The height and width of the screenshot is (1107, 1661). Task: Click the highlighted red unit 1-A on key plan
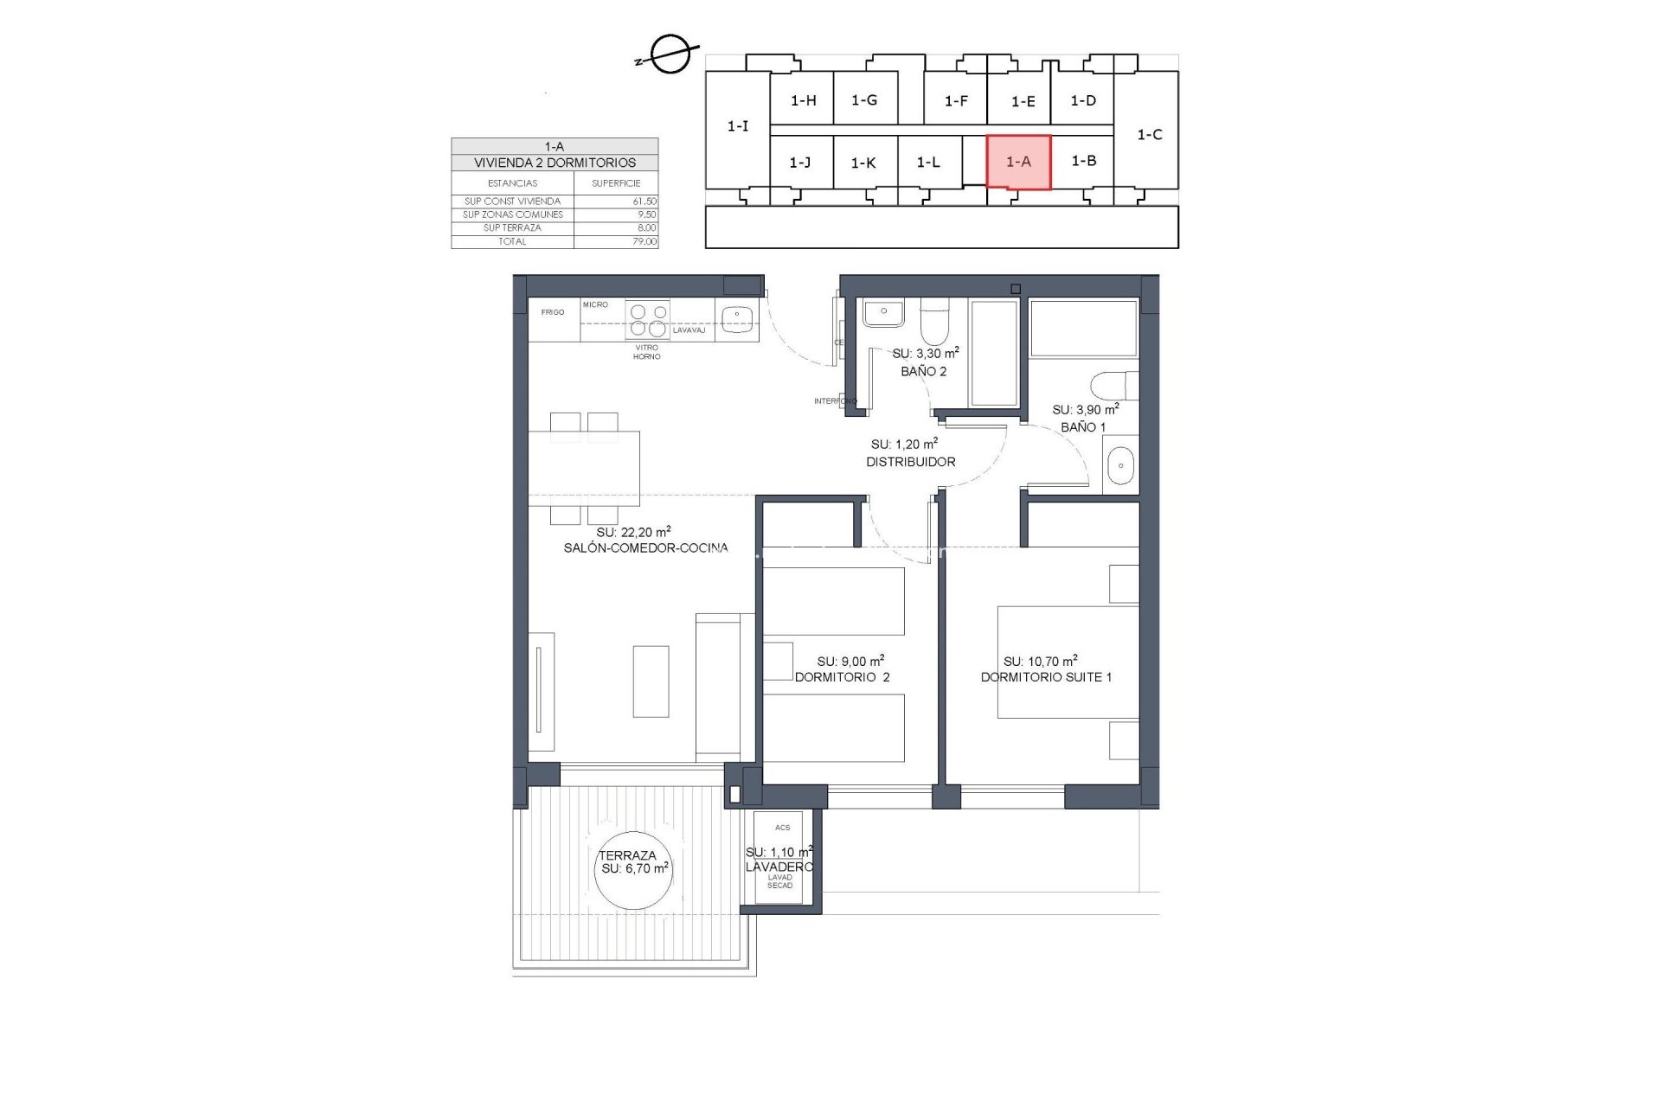1018,162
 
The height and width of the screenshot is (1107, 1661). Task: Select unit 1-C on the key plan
1148,134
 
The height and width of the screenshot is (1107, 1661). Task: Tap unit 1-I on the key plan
737,126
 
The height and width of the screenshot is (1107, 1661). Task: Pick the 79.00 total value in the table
644,241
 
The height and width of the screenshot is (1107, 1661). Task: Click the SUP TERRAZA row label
512,227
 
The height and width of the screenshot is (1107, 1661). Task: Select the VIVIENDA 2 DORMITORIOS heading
555,163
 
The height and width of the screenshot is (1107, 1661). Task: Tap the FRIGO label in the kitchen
553,312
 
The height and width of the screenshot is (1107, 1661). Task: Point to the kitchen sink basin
737,318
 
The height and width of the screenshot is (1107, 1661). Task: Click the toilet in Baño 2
933,323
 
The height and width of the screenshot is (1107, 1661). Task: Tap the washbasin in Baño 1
1120,465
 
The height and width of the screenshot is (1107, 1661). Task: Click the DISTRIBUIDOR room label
911,462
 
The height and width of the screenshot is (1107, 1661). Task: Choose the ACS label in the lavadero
782,828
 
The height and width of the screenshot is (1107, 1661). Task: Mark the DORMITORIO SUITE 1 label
1046,677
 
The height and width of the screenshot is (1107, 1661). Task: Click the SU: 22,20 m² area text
633,532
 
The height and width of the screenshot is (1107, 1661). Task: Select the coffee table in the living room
651,681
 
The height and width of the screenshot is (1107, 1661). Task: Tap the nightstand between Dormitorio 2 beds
778,661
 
